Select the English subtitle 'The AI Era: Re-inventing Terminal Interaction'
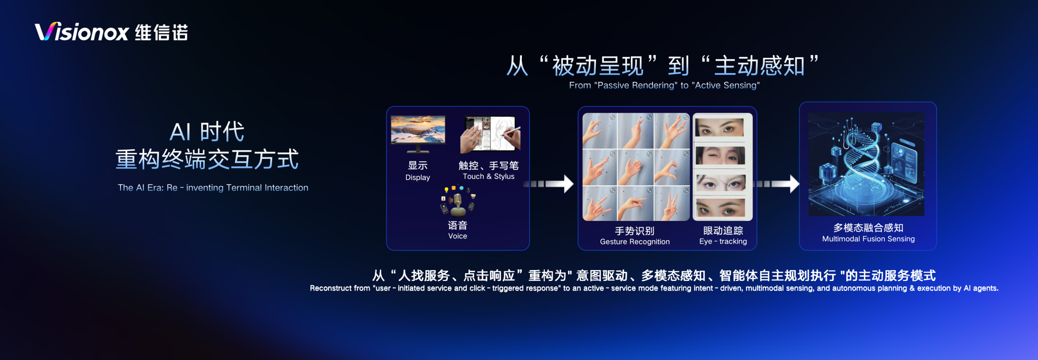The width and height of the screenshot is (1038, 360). (213, 188)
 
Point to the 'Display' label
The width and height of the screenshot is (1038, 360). (418, 178)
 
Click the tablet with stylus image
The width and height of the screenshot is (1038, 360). (490, 133)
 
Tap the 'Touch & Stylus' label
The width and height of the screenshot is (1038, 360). (489, 176)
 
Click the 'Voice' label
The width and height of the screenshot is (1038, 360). (458, 236)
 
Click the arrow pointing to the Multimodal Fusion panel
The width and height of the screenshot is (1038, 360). (776, 184)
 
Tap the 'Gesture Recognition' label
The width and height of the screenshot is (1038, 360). (635, 242)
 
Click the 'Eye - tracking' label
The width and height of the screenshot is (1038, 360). (723, 242)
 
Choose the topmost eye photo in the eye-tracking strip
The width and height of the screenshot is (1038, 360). (720, 128)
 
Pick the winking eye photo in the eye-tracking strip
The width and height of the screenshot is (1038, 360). (720, 155)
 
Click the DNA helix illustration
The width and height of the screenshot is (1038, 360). (866, 164)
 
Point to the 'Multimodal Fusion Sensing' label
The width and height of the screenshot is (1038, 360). (869, 239)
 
